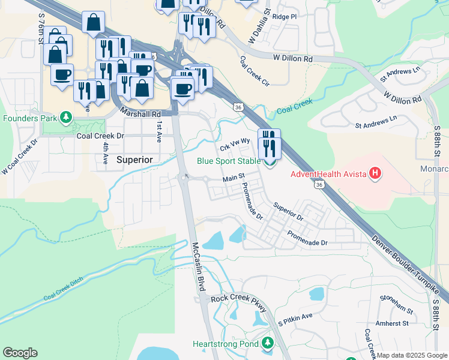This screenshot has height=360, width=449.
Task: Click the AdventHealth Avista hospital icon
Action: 375,175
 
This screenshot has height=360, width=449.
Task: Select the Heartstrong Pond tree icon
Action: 268,344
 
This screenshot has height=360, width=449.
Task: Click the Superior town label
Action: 134,160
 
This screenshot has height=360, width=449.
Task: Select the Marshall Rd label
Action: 141,113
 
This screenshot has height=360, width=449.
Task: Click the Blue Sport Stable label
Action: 229,161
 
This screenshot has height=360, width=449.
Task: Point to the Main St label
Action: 234,178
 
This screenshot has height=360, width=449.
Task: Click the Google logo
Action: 20,353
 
